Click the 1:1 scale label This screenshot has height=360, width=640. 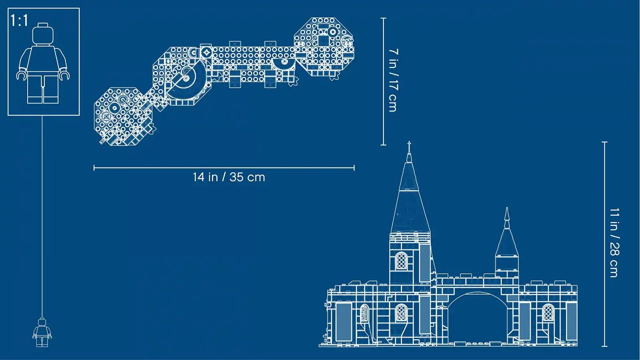point(20,20)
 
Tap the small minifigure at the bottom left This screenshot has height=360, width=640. point(42,332)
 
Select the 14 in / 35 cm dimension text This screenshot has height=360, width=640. point(229,177)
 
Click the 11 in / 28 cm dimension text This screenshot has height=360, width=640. point(614,243)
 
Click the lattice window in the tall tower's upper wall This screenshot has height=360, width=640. point(402,261)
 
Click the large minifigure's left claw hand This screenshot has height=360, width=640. point(21,76)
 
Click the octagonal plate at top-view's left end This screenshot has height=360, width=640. point(124,116)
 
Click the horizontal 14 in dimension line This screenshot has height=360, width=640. point(224,168)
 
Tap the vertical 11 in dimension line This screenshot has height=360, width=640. point(604,244)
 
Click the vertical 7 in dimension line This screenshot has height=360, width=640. point(383,82)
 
